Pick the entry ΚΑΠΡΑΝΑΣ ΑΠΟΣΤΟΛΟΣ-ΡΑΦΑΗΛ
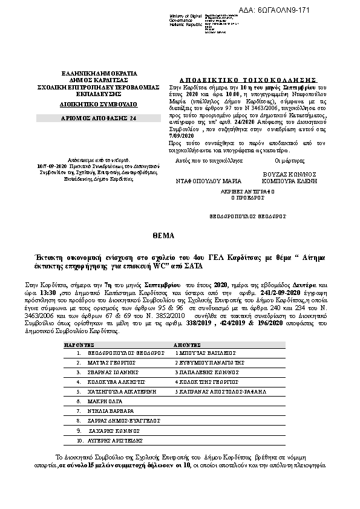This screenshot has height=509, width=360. tap(215, 392)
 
